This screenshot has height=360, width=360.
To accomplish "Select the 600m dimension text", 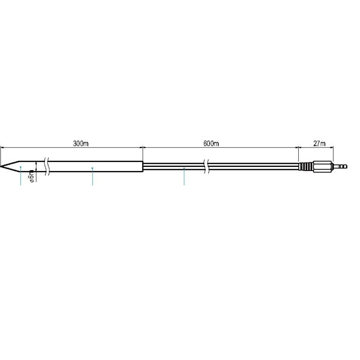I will coord(211,144).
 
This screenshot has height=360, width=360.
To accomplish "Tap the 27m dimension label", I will coord(319,144).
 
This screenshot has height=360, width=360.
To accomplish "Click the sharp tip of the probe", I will coord(2,166).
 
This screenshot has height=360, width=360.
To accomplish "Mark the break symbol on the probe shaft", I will coord(47,166).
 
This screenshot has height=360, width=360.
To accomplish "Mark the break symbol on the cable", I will coord(207,166).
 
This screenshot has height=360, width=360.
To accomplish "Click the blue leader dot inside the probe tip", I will coord(21,167).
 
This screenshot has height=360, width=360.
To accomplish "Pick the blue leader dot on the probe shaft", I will coord(92,168).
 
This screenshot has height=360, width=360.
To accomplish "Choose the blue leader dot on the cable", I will coord(184,169).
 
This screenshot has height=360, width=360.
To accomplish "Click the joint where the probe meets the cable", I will coord(143,166).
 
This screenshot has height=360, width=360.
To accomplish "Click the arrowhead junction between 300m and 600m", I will coord(143,147).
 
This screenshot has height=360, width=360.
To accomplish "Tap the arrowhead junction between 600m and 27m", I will coord(299,147).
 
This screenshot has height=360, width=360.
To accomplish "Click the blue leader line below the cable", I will coord(184,178).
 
